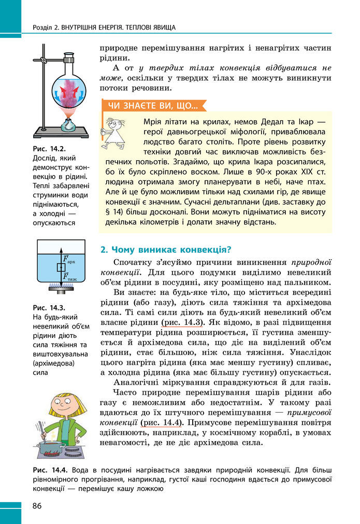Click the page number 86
37,505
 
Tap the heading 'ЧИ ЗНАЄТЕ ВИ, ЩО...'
152,106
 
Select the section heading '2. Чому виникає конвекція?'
165,249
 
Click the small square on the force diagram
61,267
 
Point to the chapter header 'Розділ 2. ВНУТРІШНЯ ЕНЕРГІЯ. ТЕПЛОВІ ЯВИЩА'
104,26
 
